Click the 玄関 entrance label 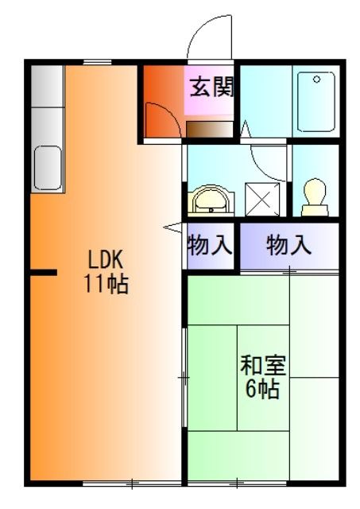pos(211,86)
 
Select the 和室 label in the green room pos(263,367)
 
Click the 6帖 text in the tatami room pos(263,390)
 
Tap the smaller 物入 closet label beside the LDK pos(210,246)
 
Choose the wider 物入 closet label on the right pos(288,246)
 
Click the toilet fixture pos(315,195)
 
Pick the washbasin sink pos(210,200)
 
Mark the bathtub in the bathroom pos(317,103)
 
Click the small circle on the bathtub pos(317,80)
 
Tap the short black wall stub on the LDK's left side pos(44,273)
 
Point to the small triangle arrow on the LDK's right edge pos(172,228)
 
